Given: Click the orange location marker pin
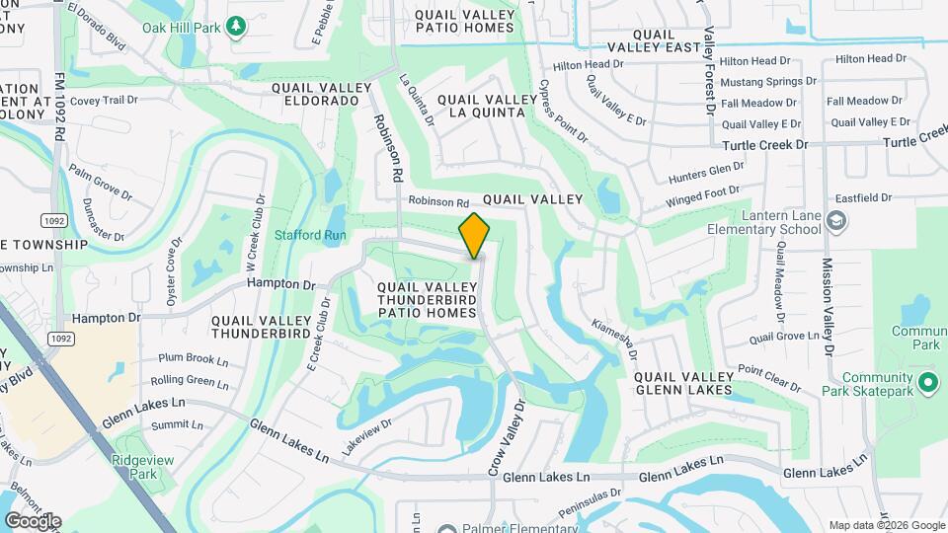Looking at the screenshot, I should [x=475, y=235].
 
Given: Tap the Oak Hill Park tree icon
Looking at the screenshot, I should [x=236, y=25].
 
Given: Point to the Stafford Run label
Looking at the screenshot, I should [x=310, y=235].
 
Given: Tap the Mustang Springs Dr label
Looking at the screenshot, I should [x=768, y=81].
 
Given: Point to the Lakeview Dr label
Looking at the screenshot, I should [x=366, y=435].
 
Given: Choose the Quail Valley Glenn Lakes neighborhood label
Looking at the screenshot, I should [x=683, y=383].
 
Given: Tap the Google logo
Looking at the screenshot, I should [x=33, y=520].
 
